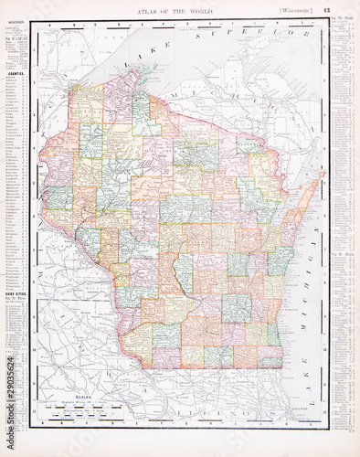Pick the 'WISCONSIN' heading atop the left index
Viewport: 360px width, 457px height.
click(x=16, y=26)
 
